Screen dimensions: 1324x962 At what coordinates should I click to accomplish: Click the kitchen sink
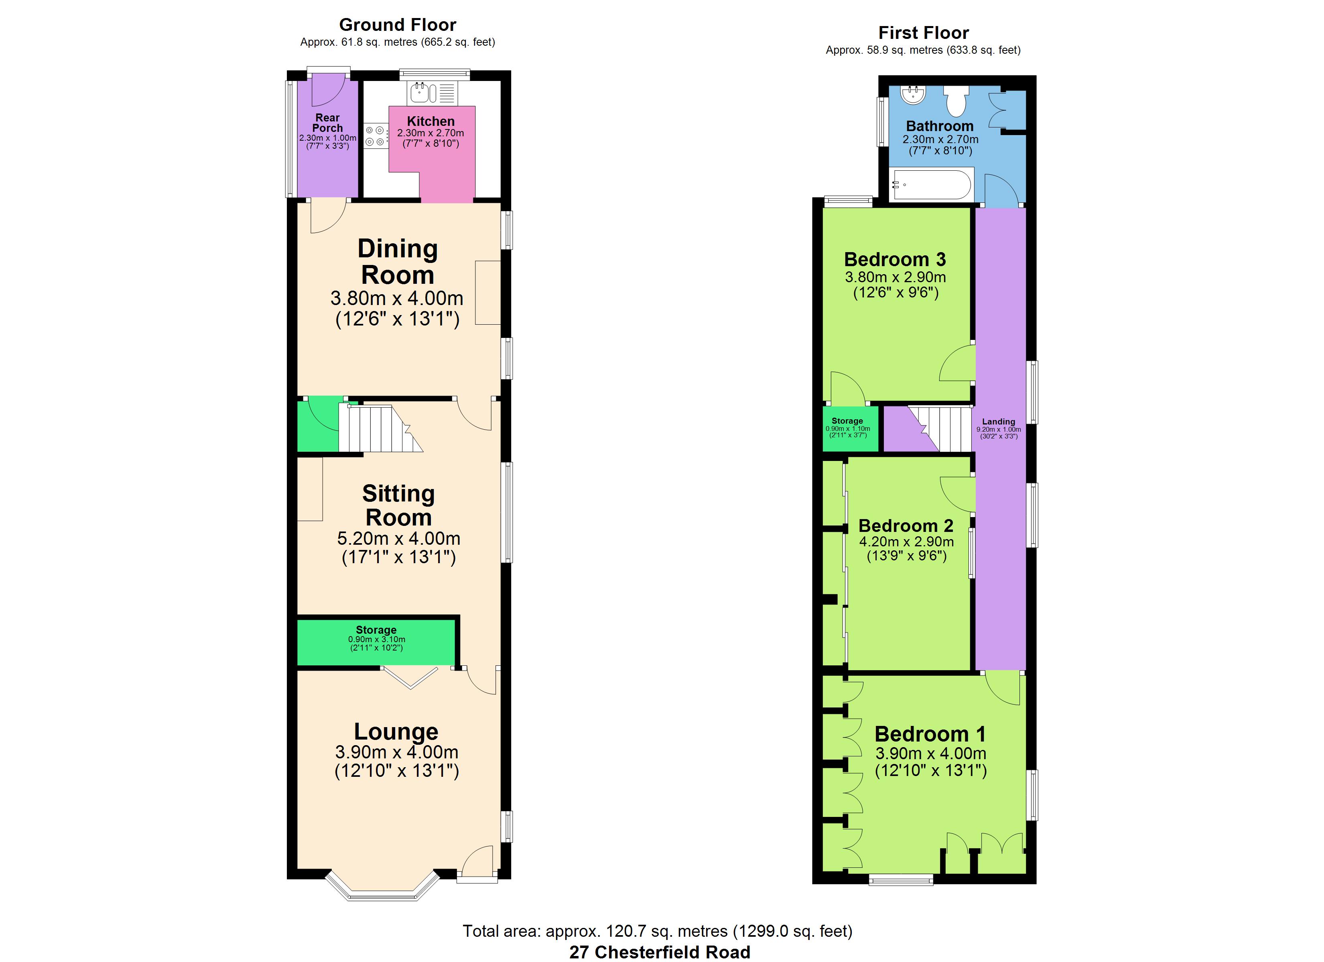[x=432, y=93]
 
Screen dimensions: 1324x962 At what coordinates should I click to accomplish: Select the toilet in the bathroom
[x=956, y=101]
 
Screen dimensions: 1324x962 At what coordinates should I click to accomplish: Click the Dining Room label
[x=398, y=261]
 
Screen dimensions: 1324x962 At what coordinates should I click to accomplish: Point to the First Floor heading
[x=924, y=33]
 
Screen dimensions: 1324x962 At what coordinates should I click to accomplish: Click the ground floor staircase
[x=380, y=429]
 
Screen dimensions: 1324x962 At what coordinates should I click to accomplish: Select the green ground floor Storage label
[x=376, y=630]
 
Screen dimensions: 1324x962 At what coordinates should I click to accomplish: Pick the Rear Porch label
[x=327, y=123]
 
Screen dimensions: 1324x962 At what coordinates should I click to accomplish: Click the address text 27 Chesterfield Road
[x=660, y=952]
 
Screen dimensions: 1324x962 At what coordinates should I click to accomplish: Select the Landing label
[x=999, y=421]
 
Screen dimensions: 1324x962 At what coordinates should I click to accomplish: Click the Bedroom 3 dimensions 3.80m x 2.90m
[x=896, y=277]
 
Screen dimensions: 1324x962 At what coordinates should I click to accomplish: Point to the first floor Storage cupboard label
[x=847, y=420]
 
